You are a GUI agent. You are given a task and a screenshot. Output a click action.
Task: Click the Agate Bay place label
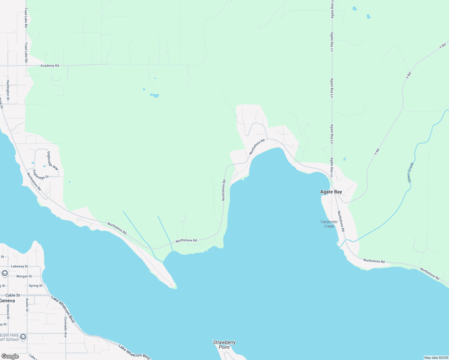331,192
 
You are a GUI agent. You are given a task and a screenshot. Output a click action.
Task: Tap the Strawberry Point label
224,345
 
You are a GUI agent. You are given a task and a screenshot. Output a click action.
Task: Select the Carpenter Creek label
329,224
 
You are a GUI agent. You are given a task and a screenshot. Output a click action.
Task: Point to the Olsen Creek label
410,172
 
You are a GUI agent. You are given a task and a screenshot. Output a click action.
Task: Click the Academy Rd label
50,66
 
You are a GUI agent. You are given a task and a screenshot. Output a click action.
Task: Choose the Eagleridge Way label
53,161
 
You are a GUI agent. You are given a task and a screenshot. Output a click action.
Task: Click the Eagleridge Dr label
41,175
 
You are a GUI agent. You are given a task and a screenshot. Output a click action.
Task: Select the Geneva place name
7,301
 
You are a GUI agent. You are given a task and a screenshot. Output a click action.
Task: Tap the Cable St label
13,295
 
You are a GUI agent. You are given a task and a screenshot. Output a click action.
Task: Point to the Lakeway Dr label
20,266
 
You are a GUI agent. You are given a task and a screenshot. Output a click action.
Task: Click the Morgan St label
24,276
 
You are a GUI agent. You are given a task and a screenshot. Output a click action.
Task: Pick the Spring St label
35,286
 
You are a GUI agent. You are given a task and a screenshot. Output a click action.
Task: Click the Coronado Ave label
65,327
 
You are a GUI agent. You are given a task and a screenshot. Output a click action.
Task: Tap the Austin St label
27,304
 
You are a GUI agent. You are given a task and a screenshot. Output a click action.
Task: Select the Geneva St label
8,312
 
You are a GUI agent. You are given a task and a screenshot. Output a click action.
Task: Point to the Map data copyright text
436,358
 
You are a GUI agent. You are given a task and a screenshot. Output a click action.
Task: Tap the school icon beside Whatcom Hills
23,337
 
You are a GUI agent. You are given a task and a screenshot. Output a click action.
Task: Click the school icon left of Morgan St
5,273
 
